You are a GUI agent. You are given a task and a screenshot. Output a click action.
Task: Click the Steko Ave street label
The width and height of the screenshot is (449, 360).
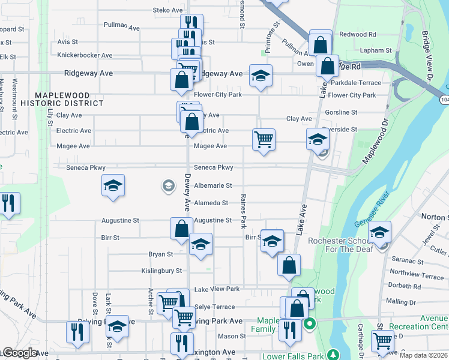(x=167, y=10)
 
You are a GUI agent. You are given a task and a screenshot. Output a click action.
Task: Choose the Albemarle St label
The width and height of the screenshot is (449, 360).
(x=212, y=186)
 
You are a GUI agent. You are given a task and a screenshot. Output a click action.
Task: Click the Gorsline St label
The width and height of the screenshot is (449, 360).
(x=341, y=112)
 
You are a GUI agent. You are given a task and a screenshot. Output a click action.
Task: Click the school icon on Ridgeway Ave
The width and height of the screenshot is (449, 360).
(x=261, y=76)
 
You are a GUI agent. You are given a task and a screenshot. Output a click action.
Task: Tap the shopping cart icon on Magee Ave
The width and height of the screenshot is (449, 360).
(x=264, y=140)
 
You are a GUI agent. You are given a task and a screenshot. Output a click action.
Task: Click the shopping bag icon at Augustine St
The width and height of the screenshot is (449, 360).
(x=181, y=229)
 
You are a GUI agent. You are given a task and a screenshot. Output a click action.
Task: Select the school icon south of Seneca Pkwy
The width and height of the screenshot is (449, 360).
(x=112, y=185)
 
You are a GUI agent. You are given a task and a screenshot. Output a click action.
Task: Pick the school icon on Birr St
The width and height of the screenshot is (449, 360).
(x=272, y=241)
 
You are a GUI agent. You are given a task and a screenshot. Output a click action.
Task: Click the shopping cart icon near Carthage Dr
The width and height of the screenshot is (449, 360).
(x=382, y=341)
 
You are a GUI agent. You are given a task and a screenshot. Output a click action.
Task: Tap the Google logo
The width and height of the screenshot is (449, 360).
(x=20, y=353)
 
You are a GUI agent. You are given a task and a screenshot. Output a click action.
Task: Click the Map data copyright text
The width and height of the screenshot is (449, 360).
(x=424, y=355)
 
